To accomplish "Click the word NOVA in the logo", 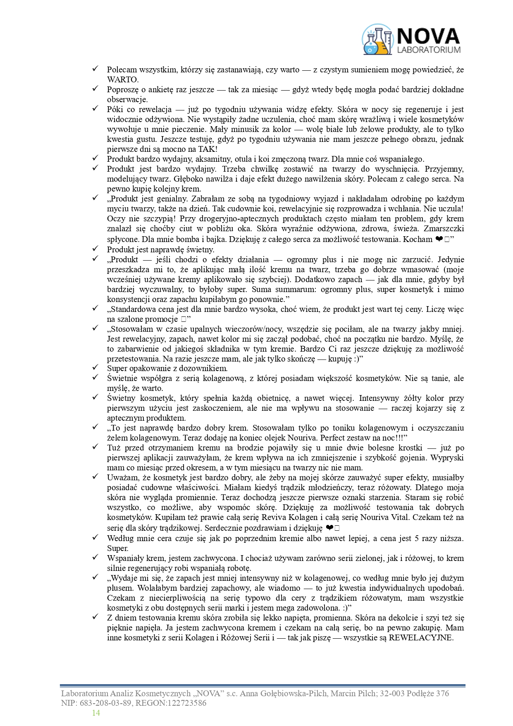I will (427, 36).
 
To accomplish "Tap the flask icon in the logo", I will (377, 40).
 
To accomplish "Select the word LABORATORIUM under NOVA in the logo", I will (428, 50).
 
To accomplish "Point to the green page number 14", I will (96, 713).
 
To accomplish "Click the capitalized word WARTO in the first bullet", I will (123, 80).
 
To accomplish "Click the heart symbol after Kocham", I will (439, 239).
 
